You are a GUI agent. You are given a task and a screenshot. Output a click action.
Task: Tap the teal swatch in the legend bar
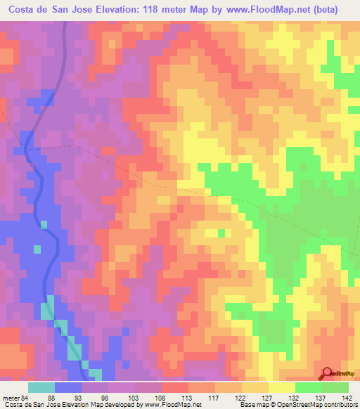click(x=41, y=387)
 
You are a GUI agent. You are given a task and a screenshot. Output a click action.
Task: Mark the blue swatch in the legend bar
click(x=68, y=387)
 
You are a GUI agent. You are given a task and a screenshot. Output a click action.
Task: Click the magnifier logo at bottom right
click(x=327, y=373)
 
